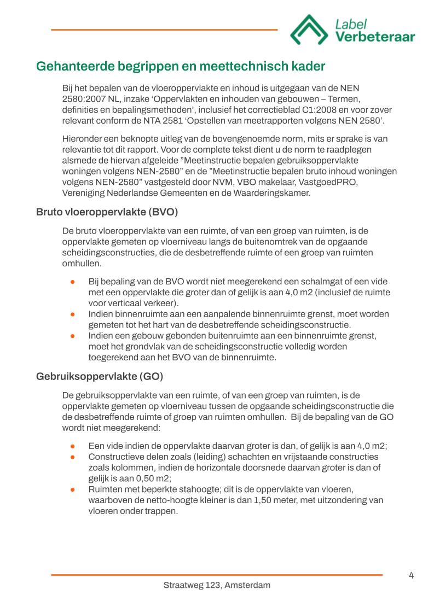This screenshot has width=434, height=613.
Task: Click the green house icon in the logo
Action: [x=308, y=30]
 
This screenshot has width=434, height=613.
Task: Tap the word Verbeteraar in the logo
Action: [x=375, y=37]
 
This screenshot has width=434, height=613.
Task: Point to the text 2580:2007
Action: [x=85, y=100]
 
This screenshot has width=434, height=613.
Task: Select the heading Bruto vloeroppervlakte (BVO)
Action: [x=107, y=212]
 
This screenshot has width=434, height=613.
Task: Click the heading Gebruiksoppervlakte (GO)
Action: [x=100, y=377]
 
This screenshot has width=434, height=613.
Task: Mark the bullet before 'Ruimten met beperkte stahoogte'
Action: [x=73, y=490]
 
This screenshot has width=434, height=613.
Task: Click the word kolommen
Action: [x=131, y=468]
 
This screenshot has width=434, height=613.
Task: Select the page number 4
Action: [x=411, y=575]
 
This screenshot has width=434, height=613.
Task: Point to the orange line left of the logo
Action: [x=164, y=30]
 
